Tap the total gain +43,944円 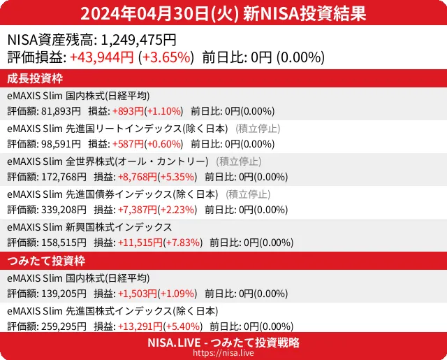(x=102, y=57)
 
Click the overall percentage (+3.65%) (x=166, y=57)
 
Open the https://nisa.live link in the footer (x=223, y=354)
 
